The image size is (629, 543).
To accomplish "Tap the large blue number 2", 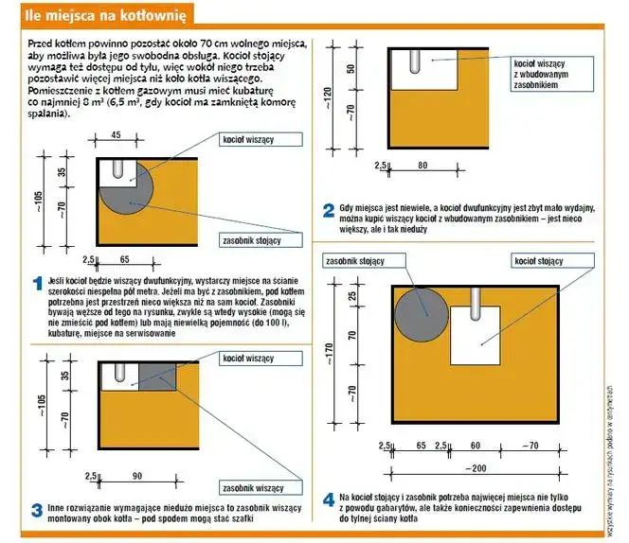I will pyautogui.click(x=328, y=210).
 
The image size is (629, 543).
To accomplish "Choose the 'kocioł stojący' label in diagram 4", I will pyautogui.click(x=538, y=261).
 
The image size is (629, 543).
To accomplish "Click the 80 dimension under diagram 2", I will pyautogui.click(x=422, y=166).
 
